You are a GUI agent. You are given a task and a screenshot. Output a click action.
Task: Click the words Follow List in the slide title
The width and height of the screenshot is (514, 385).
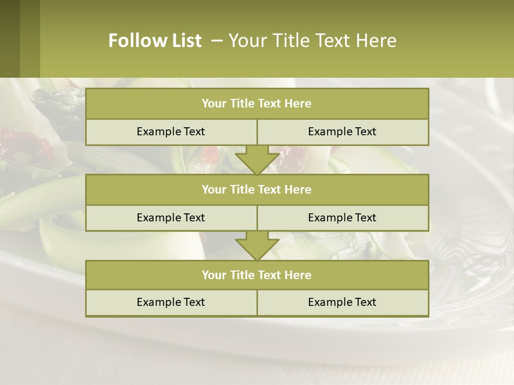(155, 41)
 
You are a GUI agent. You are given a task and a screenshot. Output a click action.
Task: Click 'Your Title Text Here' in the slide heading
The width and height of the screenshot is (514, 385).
(312, 41)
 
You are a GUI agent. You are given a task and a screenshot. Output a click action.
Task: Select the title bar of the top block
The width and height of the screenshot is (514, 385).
(257, 104)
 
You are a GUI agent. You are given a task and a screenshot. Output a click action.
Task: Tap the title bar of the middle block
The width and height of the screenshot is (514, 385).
(257, 190)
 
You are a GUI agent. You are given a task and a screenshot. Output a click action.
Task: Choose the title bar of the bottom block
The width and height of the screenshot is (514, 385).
(257, 275)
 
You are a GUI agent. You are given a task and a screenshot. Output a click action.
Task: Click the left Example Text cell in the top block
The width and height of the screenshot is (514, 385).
(171, 132)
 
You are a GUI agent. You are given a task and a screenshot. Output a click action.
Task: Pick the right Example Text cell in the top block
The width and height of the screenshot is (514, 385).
(343, 132)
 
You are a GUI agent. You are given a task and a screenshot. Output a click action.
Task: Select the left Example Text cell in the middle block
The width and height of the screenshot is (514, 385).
(171, 218)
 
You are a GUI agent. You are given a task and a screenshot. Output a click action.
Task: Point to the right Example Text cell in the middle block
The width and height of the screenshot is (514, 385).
(343, 218)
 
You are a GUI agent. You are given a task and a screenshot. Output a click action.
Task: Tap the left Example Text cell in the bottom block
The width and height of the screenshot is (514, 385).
(171, 303)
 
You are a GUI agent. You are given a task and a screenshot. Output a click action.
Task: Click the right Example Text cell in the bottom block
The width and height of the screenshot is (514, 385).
(343, 303)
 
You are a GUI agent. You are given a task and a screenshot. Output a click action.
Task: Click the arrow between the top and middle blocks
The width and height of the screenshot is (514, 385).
(257, 159)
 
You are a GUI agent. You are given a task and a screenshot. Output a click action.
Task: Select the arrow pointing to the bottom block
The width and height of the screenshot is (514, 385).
(257, 245)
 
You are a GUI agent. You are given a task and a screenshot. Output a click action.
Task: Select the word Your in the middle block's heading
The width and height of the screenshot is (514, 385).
(214, 190)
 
